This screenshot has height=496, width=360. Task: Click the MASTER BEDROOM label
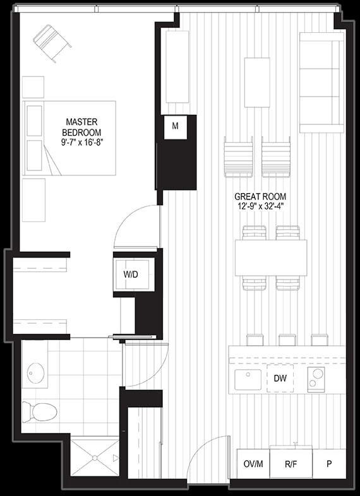81,127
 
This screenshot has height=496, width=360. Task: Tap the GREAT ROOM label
260,196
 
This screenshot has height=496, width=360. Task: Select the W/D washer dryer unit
133,275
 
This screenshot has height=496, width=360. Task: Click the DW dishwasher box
280,379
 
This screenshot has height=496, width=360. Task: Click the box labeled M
176,127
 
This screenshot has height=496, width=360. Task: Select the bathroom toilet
40,411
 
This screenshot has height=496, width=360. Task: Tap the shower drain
94,458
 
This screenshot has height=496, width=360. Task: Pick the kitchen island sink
248,380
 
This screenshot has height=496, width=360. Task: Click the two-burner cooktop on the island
316,380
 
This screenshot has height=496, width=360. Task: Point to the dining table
271,258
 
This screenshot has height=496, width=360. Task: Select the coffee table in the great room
257,83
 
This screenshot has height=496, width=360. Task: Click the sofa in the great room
321,82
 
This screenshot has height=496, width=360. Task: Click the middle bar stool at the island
287,340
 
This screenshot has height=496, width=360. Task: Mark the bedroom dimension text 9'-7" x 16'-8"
83,142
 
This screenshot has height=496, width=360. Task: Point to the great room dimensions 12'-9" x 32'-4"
260,206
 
